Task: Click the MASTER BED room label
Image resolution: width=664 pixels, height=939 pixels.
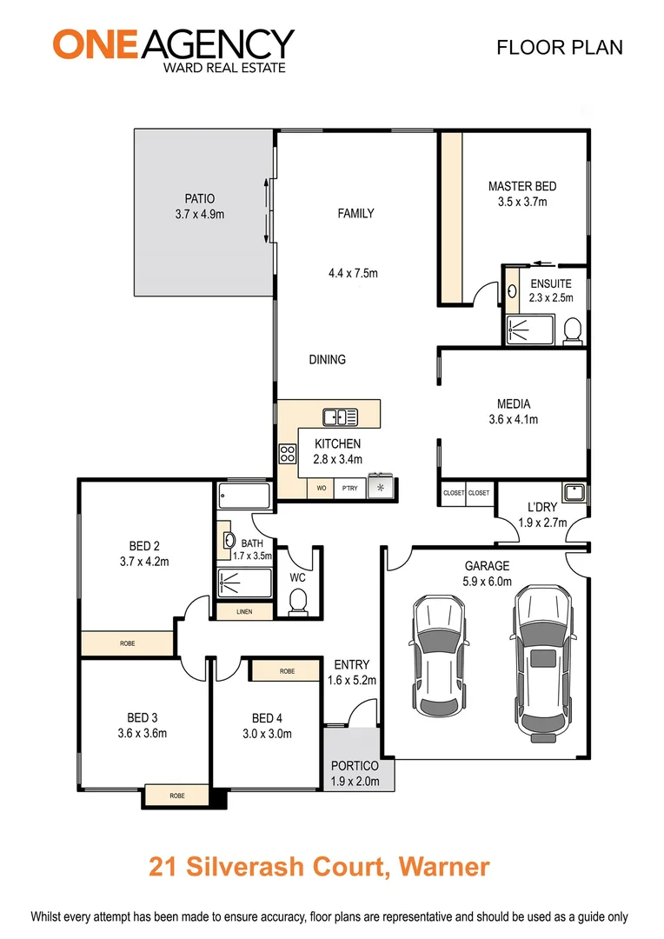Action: tap(521, 186)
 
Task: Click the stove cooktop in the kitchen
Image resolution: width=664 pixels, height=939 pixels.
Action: tap(287, 453)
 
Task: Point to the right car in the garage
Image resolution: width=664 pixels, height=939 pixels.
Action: tap(543, 661)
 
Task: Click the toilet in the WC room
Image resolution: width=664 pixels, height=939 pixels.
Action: tap(298, 601)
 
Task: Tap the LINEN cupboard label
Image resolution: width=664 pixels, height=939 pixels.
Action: tap(244, 612)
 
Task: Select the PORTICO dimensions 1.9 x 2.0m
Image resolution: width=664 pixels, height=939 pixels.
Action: tap(355, 781)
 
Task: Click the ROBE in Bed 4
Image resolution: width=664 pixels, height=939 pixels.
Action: tap(287, 671)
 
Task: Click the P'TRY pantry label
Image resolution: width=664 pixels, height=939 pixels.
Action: tap(349, 489)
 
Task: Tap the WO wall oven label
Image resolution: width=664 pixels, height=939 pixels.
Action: tap(321, 489)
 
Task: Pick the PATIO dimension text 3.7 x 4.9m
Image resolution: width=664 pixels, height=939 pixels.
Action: tap(199, 214)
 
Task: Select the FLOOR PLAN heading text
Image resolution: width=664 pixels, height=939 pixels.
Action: tap(559, 47)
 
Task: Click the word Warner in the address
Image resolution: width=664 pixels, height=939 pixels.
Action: tap(440, 866)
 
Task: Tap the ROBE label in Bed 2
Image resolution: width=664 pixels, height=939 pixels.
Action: tap(128, 644)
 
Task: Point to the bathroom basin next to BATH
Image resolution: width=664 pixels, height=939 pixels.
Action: tap(230, 541)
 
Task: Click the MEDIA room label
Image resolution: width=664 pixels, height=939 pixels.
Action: tap(514, 403)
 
